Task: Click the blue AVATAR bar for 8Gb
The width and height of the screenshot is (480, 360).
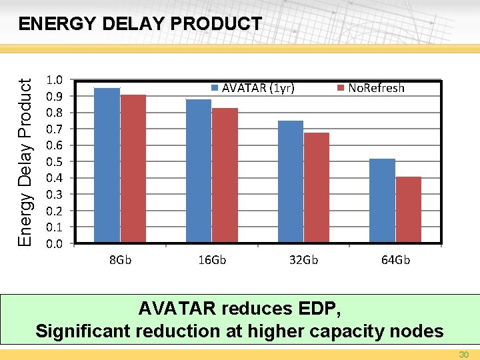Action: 107,165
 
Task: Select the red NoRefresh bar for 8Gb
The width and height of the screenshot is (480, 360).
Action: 133,168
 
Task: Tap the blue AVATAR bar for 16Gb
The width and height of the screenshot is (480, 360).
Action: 199,170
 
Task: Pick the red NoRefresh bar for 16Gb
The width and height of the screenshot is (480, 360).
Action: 225,175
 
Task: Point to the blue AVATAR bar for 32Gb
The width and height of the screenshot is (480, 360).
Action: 291,181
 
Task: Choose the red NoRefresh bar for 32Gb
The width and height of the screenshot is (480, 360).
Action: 317,187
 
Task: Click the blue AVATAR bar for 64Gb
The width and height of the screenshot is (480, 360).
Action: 382,200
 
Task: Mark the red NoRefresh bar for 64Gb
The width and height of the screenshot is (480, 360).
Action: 409,209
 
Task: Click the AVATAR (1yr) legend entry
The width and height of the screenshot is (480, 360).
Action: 253,88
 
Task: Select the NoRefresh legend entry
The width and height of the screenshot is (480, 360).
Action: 371,88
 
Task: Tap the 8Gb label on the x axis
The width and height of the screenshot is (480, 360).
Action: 120,259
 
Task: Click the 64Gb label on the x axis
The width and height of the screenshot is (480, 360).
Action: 395,259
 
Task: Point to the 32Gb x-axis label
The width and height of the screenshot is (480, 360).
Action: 303,259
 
